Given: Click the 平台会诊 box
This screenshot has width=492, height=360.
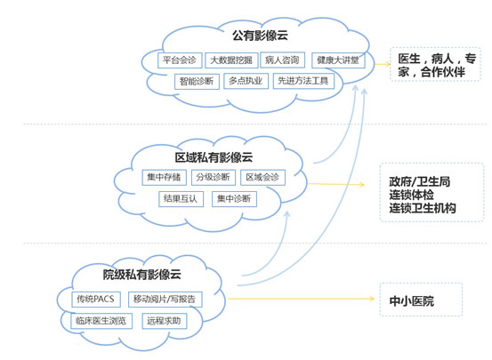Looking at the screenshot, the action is [x=180, y=60].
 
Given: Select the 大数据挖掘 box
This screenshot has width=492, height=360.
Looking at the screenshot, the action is [x=231, y=60].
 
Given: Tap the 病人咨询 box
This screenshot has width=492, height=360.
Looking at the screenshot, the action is [x=282, y=60].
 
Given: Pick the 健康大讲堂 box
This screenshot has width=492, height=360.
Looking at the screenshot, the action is [x=338, y=60].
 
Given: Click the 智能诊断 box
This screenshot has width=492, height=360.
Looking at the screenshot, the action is [x=197, y=82].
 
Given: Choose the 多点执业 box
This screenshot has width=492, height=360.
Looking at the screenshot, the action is [x=246, y=81].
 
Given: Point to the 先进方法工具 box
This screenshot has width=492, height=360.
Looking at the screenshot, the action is [x=303, y=81].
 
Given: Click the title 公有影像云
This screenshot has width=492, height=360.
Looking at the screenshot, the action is [x=260, y=36].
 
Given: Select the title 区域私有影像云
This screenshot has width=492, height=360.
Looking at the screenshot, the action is [x=214, y=157].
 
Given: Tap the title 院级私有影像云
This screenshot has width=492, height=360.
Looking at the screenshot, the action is [x=142, y=275].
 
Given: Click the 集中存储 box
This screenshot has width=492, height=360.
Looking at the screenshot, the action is [x=164, y=178].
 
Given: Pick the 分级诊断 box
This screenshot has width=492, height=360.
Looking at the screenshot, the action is [x=214, y=178].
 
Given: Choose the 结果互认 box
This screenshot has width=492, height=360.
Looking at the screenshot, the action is [x=181, y=199].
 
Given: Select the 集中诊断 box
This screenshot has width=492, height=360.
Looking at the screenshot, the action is [x=234, y=199].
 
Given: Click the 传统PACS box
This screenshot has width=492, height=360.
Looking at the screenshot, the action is [x=96, y=300].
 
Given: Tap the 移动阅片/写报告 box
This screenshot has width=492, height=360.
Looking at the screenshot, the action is [x=165, y=300].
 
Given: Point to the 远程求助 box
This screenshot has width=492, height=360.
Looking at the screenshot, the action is [x=165, y=321].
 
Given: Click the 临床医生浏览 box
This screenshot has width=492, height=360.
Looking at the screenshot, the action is [x=101, y=321].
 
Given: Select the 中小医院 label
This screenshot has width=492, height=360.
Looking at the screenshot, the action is [x=412, y=301].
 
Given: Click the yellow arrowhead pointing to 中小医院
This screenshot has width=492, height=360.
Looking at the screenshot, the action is [x=372, y=299].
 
